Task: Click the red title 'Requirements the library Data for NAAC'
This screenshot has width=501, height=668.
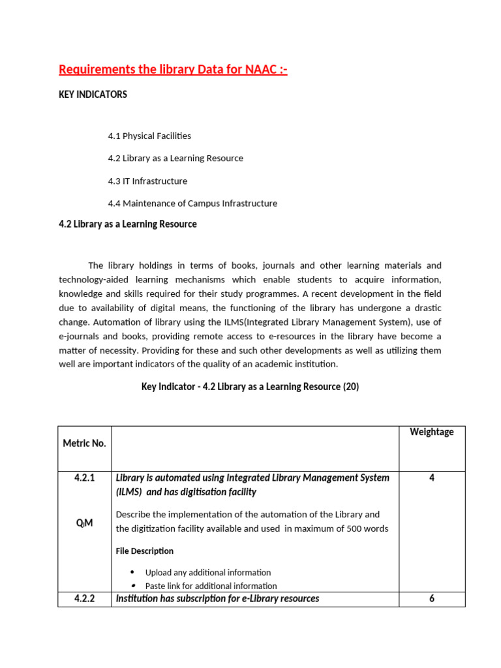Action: click(173, 69)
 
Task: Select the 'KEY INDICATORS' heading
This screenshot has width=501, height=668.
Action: click(93, 95)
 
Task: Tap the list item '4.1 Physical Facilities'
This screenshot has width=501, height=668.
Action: click(149, 136)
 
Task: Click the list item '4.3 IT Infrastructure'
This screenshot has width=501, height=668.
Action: click(147, 181)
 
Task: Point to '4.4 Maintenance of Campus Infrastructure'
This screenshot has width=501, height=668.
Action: click(192, 203)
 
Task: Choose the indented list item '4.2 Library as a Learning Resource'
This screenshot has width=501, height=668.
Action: click(175, 158)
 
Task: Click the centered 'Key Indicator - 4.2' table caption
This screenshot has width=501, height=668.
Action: click(250, 386)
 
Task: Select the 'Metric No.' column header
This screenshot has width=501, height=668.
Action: click(84, 443)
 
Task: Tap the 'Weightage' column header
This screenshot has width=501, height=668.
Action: click(431, 432)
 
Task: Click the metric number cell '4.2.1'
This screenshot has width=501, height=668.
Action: click(84, 478)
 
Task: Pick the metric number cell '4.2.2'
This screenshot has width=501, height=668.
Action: click(84, 598)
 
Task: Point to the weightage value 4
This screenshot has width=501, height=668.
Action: click(431, 478)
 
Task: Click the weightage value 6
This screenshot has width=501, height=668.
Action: click(431, 598)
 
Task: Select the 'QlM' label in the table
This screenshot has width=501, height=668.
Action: click(84, 523)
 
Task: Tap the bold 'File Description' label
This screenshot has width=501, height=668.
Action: click(145, 551)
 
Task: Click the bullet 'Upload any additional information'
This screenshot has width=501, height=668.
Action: click(208, 572)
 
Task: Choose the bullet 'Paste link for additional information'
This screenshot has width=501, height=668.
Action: click(211, 586)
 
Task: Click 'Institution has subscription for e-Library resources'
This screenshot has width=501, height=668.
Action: click(217, 598)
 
